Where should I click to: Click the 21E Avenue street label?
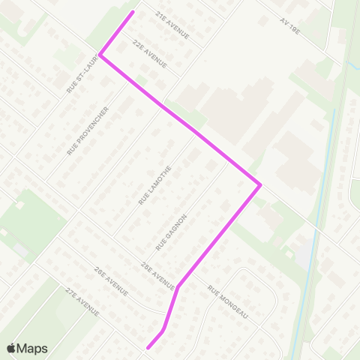coord(172,25)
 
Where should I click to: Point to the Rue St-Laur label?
coord(82,76)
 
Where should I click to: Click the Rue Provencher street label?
coord(88,130)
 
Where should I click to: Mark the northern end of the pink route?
coord(133,12)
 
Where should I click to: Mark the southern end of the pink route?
coord(148,348)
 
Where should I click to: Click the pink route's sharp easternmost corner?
coord(259,184)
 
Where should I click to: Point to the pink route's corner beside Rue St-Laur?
coord(100,55)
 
